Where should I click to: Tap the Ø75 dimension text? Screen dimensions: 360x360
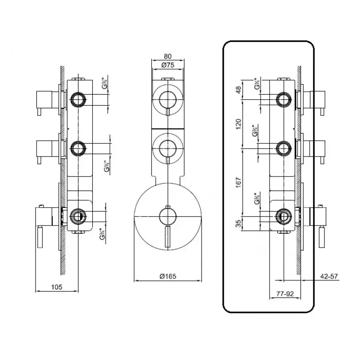(x=167, y=65)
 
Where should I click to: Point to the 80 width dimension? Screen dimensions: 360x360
(x=167, y=57)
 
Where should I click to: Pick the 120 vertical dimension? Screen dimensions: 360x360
(x=239, y=123)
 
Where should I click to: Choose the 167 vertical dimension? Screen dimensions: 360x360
(x=239, y=182)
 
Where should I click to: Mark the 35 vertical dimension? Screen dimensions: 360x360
(x=239, y=224)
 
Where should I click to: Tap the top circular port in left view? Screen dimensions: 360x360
(x=78, y=99)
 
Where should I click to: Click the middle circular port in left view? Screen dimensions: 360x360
(x=78, y=147)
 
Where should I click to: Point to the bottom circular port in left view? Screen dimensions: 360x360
(x=78, y=216)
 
